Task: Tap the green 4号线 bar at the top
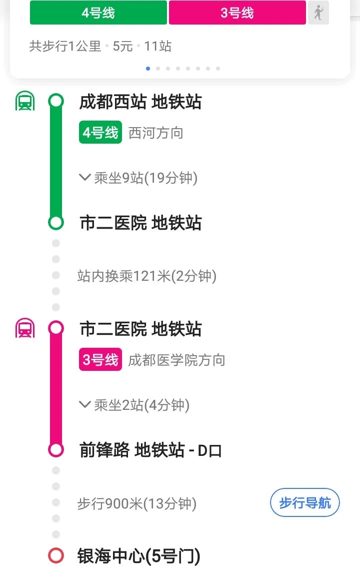click(x=98, y=13)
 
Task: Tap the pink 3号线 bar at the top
click(x=237, y=13)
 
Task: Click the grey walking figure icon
click(x=318, y=13)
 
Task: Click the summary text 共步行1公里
click(x=65, y=47)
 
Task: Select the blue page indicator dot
click(x=148, y=69)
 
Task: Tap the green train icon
click(x=24, y=102)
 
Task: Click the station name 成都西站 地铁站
click(x=140, y=102)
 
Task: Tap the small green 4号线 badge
click(x=100, y=133)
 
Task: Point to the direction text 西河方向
click(x=155, y=133)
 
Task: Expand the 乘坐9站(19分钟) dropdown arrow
click(x=84, y=177)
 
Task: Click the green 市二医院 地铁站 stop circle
click(x=56, y=222)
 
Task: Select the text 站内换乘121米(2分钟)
click(x=146, y=276)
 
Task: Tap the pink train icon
click(x=24, y=329)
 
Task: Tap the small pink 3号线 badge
click(x=100, y=360)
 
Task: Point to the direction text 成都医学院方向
click(x=176, y=360)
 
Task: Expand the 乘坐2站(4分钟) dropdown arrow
click(x=84, y=404)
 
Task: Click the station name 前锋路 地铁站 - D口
click(x=150, y=450)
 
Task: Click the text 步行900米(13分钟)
click(x=136, y=503)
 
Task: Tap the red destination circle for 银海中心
click(x=56, y=555)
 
